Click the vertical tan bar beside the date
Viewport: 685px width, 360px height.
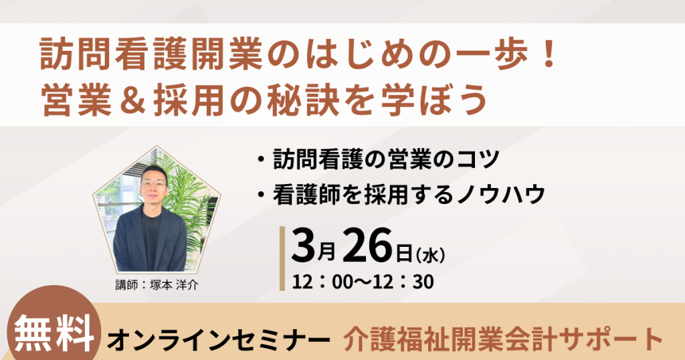pos(282,258)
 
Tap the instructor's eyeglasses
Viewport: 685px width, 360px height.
pos(155,182)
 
